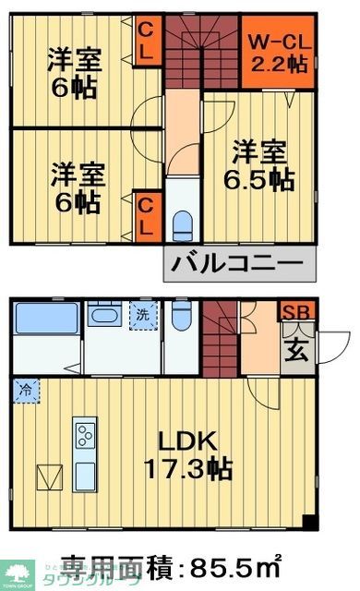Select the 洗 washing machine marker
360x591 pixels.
143,313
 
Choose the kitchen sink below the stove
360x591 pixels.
85,475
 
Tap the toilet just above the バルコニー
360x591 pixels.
183,223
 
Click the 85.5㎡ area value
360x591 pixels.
232,563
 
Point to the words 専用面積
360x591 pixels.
114,563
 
